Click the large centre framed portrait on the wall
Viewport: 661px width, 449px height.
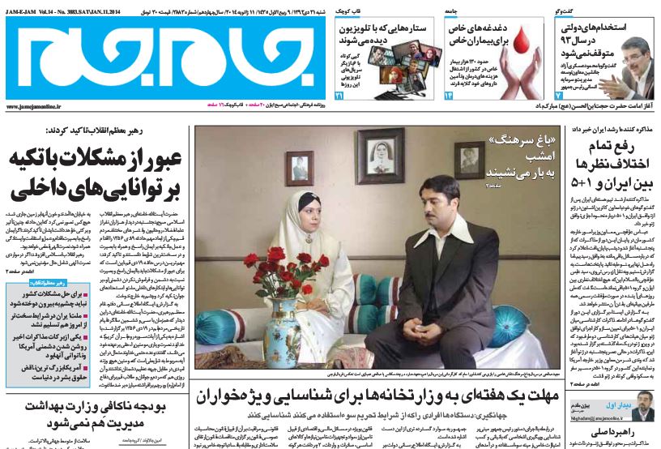(380, 156)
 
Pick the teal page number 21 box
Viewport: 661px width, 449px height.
(339, 96)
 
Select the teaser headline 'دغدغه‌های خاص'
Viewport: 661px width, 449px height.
(480, 28)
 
